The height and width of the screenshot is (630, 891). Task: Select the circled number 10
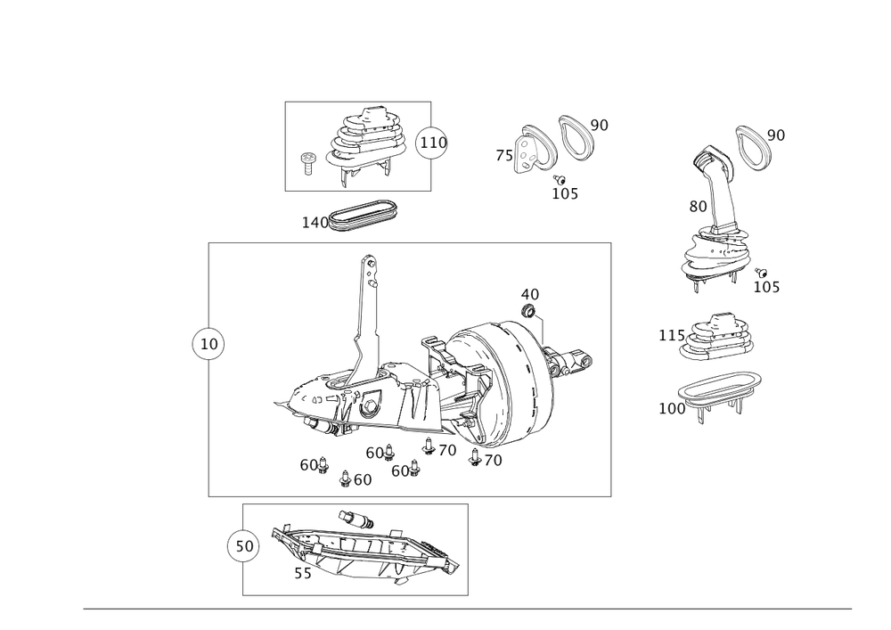click(209, 343)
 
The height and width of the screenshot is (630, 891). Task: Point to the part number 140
click(314, 221)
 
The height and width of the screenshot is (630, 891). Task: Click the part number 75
click(504, 156)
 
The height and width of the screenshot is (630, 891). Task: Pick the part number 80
click(698, 206)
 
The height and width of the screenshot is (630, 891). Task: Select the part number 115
click(668, 336)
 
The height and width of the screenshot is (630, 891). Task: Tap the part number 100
click(673, 407)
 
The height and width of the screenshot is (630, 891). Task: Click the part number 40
click(529, 293)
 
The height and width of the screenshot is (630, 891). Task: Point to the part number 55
click(303, 575)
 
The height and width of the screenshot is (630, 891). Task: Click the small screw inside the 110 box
click(308, 161)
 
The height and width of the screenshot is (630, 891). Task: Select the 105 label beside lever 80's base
click(766, 287)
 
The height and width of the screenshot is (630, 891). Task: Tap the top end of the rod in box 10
click(369, 261)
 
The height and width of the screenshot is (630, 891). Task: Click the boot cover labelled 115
click(718, 338)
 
